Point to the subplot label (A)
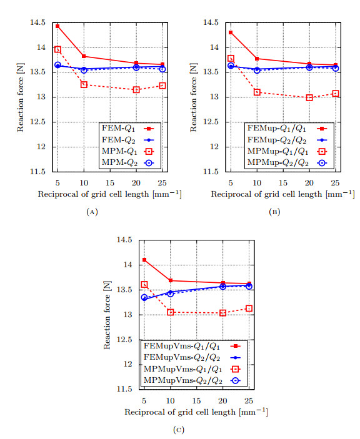pos(92,212)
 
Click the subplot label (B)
pos(274,212)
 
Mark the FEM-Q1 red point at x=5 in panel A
pos(57,26)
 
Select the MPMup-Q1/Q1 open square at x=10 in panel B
pos(256,92)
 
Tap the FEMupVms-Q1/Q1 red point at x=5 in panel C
pos(144,260)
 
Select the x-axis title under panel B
pos(283,194)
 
